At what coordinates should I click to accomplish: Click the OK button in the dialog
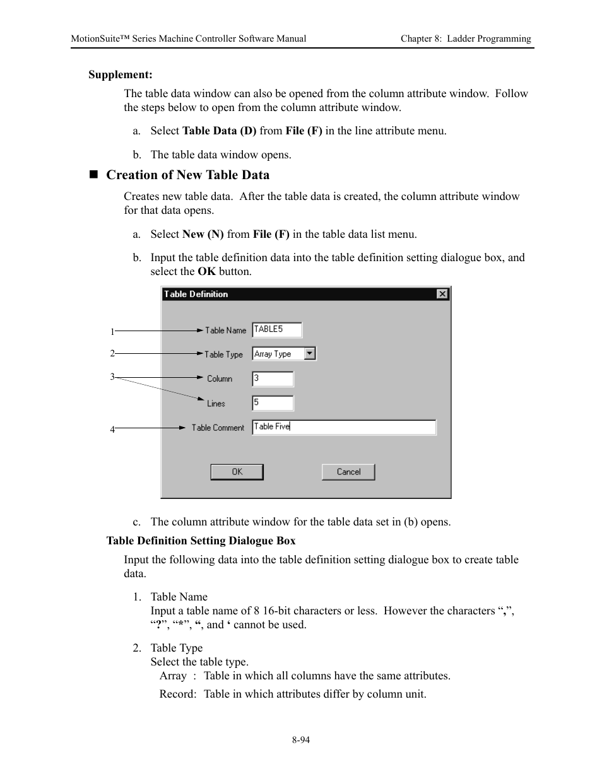(237, 472)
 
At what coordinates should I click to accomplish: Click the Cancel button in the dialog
(348, 472)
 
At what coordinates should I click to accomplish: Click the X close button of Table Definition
(442, 294)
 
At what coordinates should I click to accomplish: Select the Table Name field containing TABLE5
(276, 329)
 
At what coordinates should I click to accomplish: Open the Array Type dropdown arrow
(310, 354)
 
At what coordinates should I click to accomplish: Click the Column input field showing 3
(273, 378)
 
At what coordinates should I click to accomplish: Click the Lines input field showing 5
(273, 402)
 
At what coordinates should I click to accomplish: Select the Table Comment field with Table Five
(343, 427)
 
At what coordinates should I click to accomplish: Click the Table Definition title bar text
(196, 294)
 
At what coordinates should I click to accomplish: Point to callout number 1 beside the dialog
(112, 332)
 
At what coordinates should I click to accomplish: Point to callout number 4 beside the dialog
(112, 430)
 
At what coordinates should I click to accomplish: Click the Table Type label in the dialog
(223, 354)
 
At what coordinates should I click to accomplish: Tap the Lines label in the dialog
(216, 404)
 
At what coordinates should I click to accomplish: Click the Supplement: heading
(121, 75)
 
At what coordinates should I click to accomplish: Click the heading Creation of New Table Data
(187, 175)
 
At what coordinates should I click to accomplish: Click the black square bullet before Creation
(94, 175)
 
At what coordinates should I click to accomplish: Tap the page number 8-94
(301, 740)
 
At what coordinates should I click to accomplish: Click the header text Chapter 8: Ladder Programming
(466, 38)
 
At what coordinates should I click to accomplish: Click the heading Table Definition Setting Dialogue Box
(201, 541)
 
